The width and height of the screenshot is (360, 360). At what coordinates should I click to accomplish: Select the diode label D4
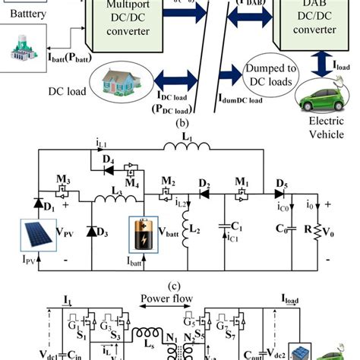pos(107,159)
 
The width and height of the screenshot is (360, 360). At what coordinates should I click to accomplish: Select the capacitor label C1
pos(237,226)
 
